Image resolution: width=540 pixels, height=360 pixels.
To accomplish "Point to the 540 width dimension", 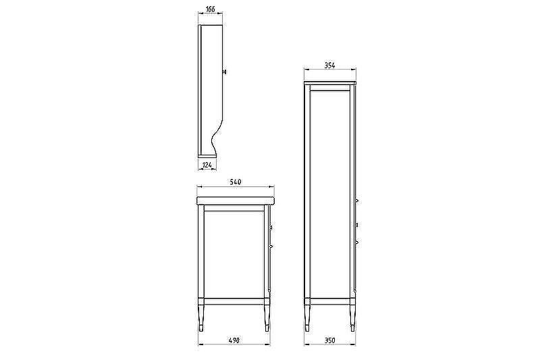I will [x=236, y=182].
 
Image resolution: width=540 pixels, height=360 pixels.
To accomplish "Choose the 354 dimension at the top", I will [x=329, y=66].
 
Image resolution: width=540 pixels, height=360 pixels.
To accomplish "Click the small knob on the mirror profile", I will [x=225, y=70].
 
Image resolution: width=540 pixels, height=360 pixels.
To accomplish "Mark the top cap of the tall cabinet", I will [x=329, y=83].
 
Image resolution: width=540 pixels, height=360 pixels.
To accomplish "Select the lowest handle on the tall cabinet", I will [x=357, y=241].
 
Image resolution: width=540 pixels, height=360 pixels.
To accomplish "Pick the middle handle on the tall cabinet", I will [x=357, y=224].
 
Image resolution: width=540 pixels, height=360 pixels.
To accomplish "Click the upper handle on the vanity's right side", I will [x=271, y=227].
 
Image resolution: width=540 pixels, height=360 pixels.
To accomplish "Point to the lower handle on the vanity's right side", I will [x=271, y=247].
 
